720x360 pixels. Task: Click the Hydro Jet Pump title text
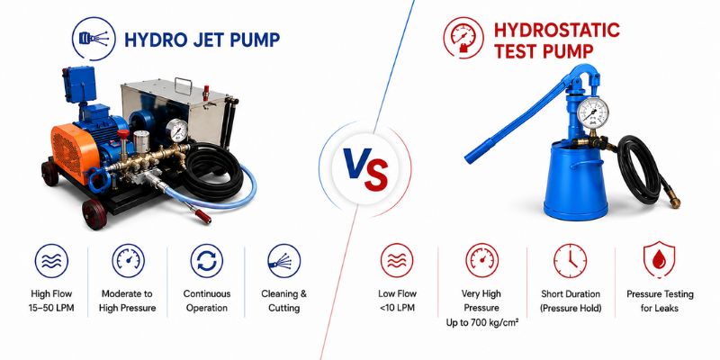202,40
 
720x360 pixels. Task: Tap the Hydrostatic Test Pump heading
556,40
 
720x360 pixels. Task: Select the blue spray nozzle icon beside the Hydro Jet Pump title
94,39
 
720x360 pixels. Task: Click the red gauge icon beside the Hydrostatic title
463,38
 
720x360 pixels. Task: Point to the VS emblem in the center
365,169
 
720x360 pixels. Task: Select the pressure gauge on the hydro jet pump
176,130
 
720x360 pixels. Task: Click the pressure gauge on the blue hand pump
592,113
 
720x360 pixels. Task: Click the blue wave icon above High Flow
51,260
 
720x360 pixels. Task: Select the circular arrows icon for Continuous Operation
207,260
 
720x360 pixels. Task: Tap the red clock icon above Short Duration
571,260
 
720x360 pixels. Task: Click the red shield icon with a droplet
659,260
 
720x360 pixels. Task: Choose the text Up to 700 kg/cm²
482,323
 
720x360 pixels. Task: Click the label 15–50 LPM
51,308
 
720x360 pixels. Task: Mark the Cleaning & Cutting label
283,301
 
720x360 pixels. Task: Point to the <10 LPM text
397,308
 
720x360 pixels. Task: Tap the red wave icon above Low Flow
397,260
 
